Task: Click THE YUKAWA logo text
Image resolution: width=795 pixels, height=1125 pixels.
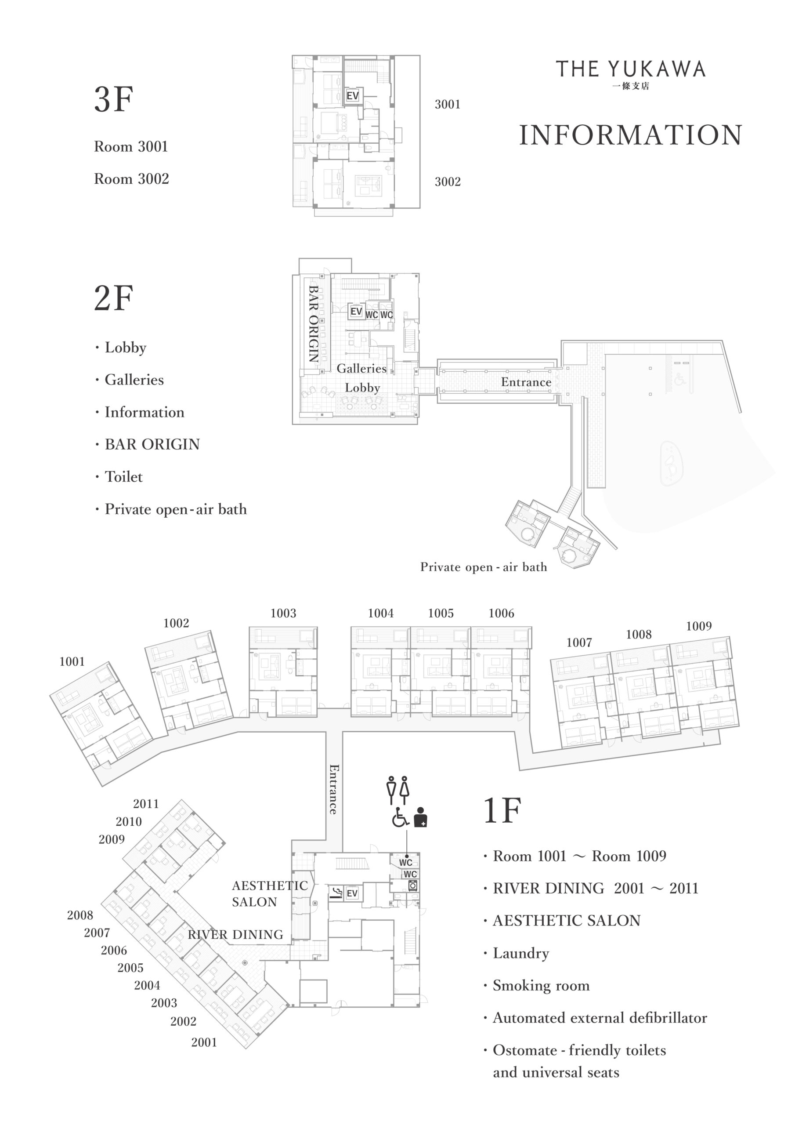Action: click(630, 69)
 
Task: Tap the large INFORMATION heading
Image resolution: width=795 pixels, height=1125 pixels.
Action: click(630, 135)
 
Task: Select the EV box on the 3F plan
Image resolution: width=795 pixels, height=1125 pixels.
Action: click(353, 95)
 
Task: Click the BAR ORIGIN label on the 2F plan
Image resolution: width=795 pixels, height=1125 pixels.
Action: click(314, 324)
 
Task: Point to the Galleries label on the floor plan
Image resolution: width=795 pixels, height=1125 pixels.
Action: click(361, 368)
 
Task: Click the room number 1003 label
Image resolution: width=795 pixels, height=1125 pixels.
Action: click(283, 613)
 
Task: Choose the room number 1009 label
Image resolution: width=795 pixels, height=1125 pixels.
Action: click(698, 626)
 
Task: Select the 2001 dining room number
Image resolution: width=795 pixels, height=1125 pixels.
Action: click(204, 1042)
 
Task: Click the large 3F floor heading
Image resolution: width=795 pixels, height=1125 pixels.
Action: click(114, 99)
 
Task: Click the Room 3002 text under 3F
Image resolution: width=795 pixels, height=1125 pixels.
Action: click(131, 179)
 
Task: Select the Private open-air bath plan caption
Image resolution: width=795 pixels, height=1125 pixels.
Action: click(484, 567)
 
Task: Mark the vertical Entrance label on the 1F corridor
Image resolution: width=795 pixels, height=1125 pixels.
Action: click(333, 789)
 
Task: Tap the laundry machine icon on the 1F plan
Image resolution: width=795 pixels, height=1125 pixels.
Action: click(413, 885)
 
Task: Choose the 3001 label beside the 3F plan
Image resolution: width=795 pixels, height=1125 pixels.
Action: click(448, 104)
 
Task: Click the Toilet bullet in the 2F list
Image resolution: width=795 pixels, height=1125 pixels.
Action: click(119, 477)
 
